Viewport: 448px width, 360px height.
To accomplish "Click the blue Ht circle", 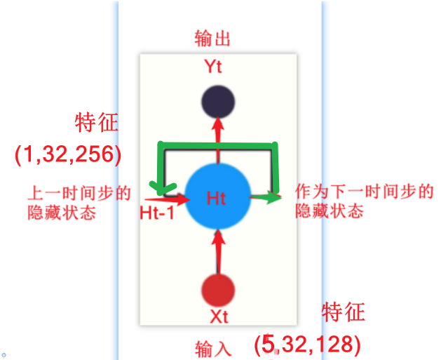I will [217, 199].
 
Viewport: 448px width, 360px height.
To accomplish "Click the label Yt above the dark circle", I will [213, 67].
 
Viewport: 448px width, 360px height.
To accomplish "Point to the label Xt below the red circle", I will [219, 317].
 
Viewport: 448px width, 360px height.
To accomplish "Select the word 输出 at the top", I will [212, 39].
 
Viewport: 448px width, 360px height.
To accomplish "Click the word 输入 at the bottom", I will [213, 347].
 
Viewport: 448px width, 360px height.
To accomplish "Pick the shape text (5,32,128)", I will [308, 344].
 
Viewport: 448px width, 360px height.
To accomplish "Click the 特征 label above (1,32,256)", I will [97, 124].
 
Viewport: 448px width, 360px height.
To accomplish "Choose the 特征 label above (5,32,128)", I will [343, 312].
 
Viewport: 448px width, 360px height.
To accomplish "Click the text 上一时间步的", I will [79, 193].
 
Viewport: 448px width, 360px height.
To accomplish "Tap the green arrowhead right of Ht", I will [272, 198].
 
